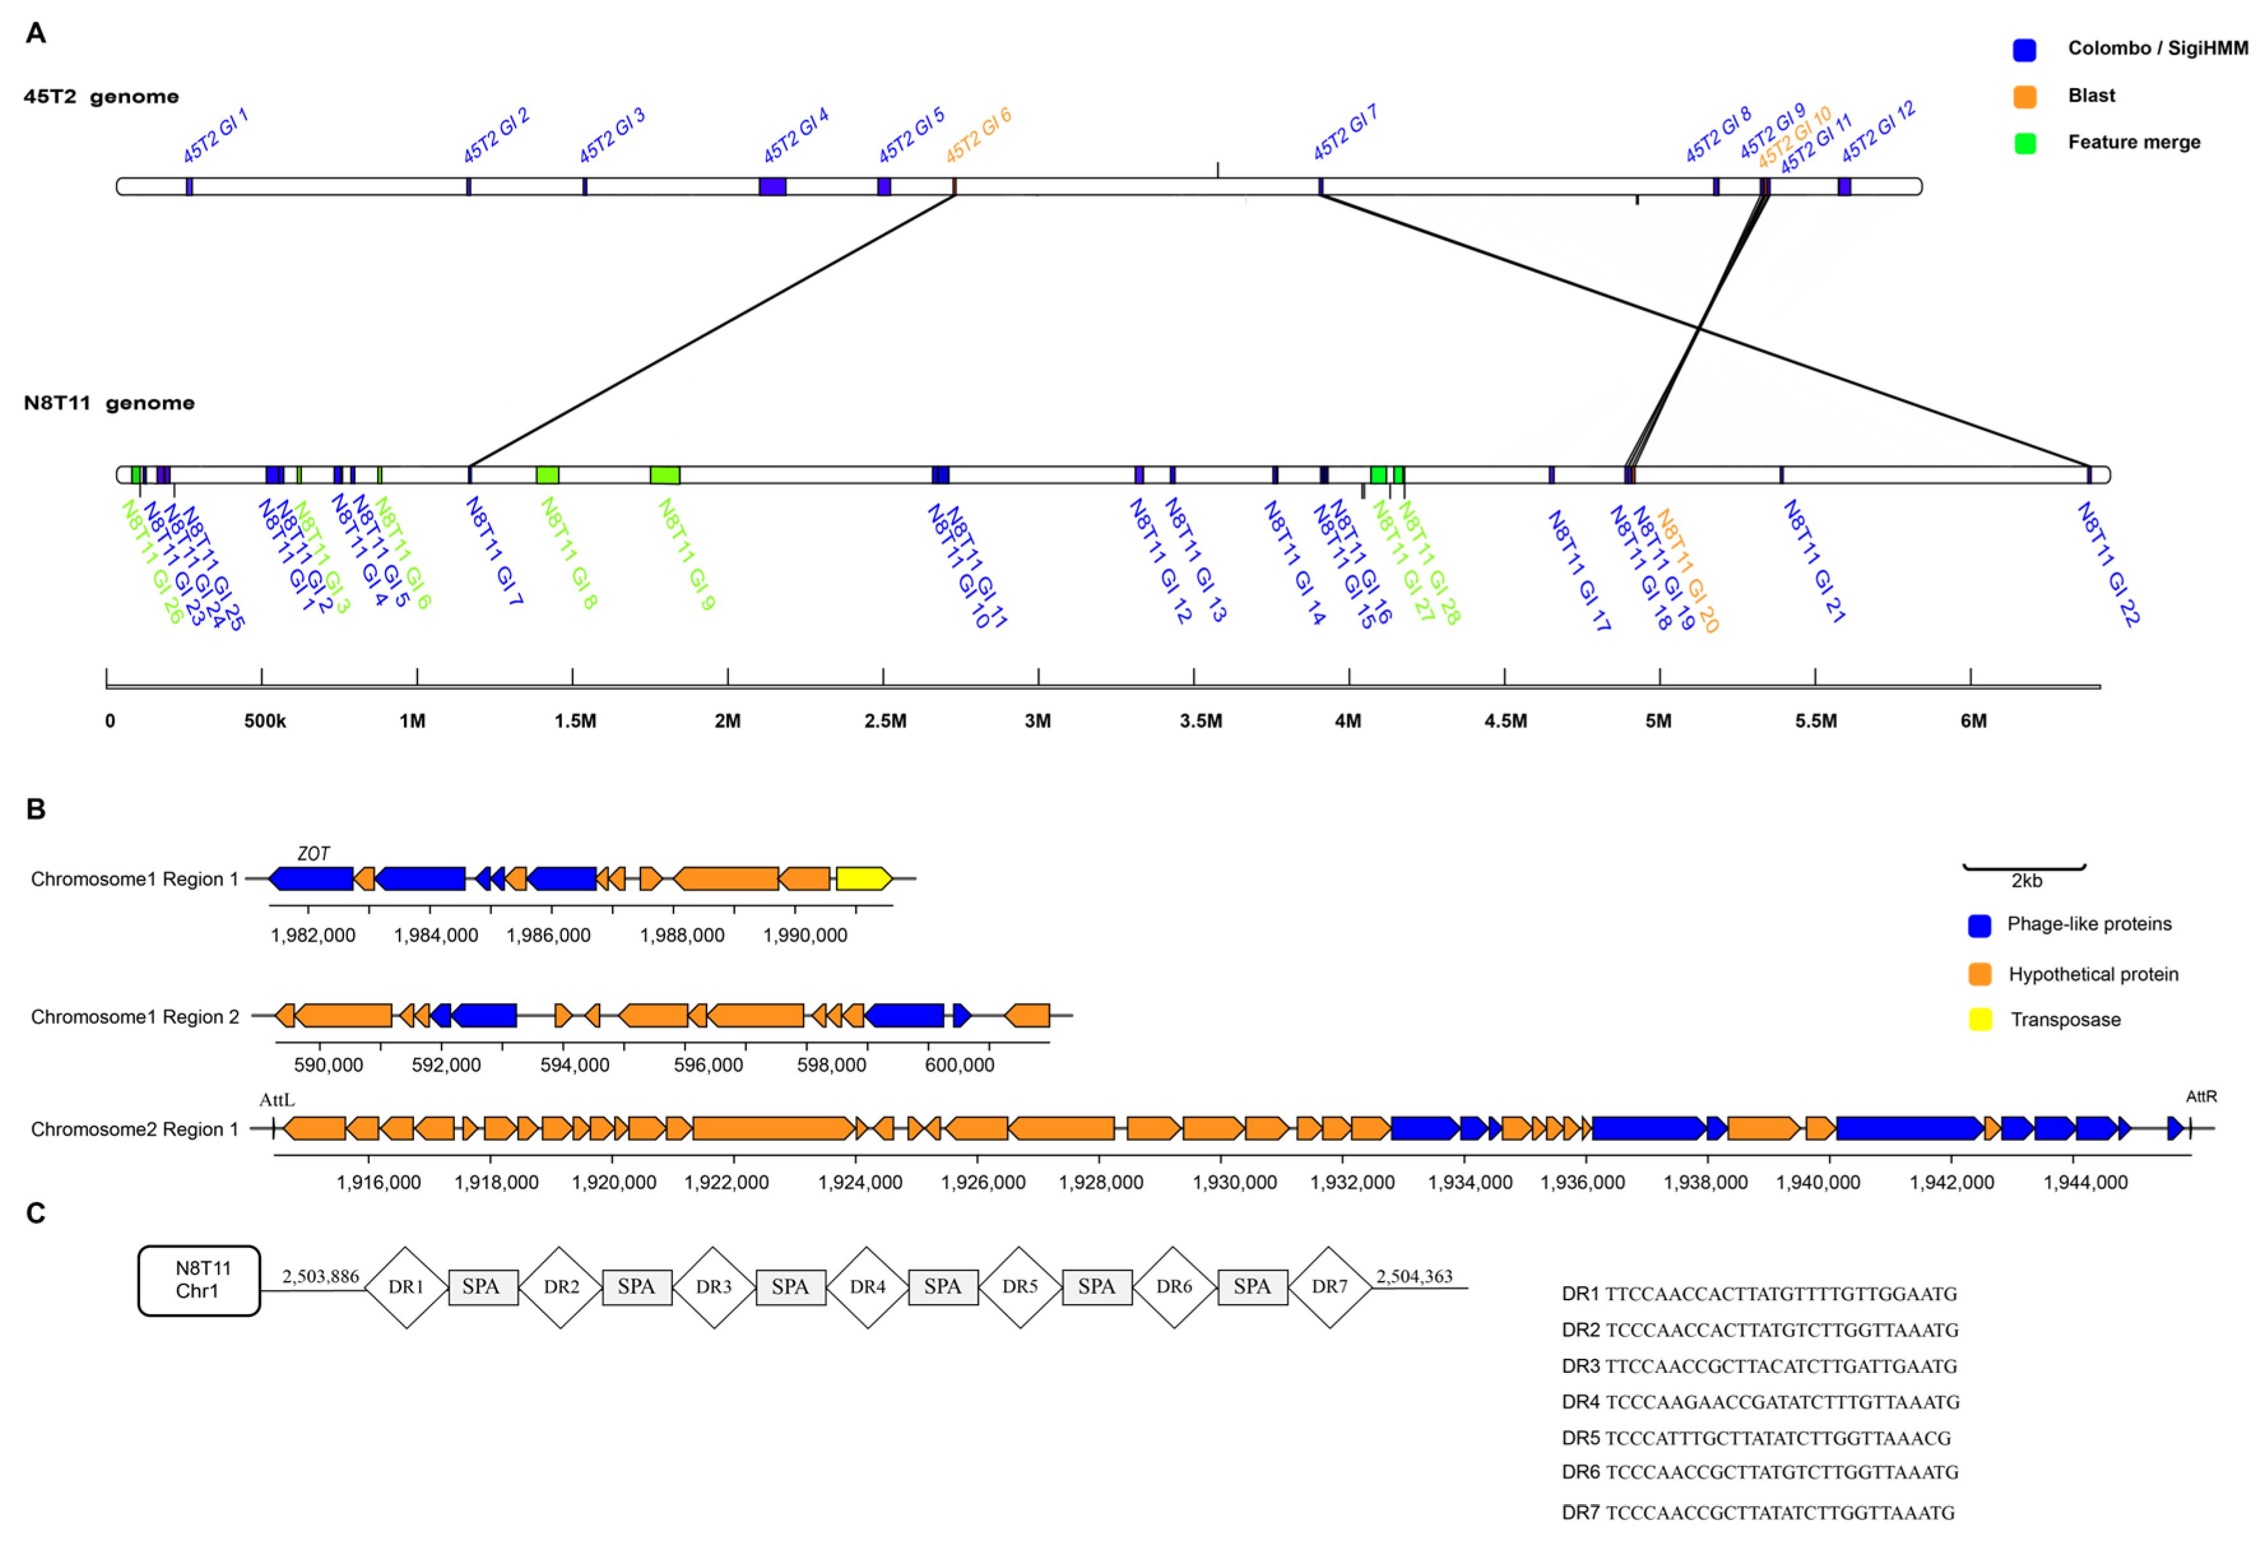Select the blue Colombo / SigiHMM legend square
[2024, 50]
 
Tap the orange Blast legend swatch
[2024, 96]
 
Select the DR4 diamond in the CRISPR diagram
[867, 1287]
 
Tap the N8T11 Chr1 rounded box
[199, 1280]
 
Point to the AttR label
[2201, 1096]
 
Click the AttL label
[277, 1100]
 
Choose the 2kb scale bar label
[2026, 880]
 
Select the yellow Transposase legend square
[1980, 1020]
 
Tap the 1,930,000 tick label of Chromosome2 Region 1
[1234, 1182]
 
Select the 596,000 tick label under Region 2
[708, 1065]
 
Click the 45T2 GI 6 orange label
[978, 135]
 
